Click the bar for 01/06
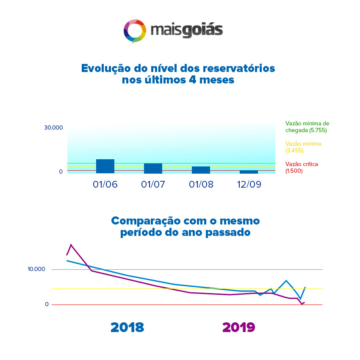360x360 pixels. click(105, 166)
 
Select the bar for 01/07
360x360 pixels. click(153, 168)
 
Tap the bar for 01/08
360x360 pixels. click(201, 170)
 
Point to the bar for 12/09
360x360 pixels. click(249, 172)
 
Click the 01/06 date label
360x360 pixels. click(105, 184)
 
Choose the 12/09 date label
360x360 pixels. click(249, 184)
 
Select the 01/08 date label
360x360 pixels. click(201, 184)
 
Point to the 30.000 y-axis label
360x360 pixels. click(53, 127)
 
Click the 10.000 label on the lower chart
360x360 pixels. click(36, 269)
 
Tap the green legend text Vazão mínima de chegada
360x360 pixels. click(307, 127)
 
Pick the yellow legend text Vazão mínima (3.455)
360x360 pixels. click(303, 147)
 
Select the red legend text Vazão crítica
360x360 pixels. click(302, 167)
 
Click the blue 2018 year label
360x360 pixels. click(127, 327)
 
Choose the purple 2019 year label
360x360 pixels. click(238, 327)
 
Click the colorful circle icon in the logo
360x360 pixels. click(135, 31)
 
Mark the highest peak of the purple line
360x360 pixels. click(71, 245)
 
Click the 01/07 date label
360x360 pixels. click(153, 184)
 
